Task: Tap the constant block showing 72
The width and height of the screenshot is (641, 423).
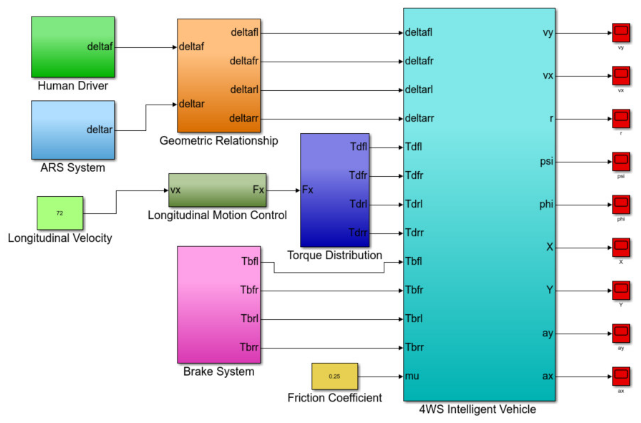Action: [60, 213]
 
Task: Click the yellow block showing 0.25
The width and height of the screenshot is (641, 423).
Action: [334, 376]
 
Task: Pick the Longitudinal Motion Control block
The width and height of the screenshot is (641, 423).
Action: [217, 190]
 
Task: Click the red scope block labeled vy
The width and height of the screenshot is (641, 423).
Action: [621, 33]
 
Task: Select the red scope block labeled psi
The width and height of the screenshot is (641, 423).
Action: [621, 162]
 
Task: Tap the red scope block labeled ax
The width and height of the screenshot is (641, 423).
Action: [621, 377]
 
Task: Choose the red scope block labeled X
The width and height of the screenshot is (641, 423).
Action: [621, 248]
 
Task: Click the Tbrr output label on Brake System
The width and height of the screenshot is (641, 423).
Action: [249, 347]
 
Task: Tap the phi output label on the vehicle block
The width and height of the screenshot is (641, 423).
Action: [546, 204]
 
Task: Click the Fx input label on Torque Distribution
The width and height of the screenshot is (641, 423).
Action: [307, 190]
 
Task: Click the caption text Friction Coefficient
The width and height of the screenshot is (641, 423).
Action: [335, 398]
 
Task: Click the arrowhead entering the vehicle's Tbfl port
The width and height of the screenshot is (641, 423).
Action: [401, 262]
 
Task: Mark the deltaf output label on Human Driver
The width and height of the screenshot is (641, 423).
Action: [100, 47]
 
